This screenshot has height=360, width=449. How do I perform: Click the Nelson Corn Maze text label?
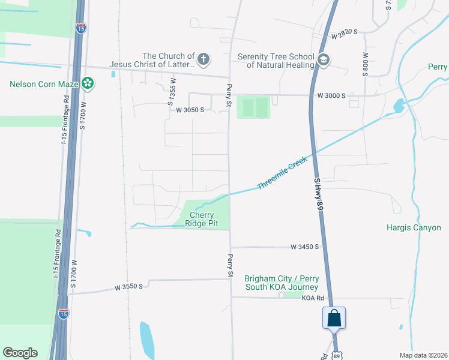(x=44, y=84)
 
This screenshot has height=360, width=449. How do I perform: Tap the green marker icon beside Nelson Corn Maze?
(x=88, y=83)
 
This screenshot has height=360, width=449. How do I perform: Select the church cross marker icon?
(x=204, y=59)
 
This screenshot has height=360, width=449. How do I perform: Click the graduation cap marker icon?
(x=324, y=60)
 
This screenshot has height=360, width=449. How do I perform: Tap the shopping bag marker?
(x=334, y=318)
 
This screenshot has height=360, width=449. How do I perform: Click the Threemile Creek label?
(x=282, y=173)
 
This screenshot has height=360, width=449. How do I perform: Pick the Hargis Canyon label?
(x=414, y=228)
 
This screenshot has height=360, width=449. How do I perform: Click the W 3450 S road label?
(x=307, y=247)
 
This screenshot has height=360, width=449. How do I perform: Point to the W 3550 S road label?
(x=129, y=287)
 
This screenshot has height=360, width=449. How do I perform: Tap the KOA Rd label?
(x=313, y=298)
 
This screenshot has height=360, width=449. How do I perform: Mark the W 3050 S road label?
(x=190, y=110)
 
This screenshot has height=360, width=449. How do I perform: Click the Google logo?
(x=20, y=353)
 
